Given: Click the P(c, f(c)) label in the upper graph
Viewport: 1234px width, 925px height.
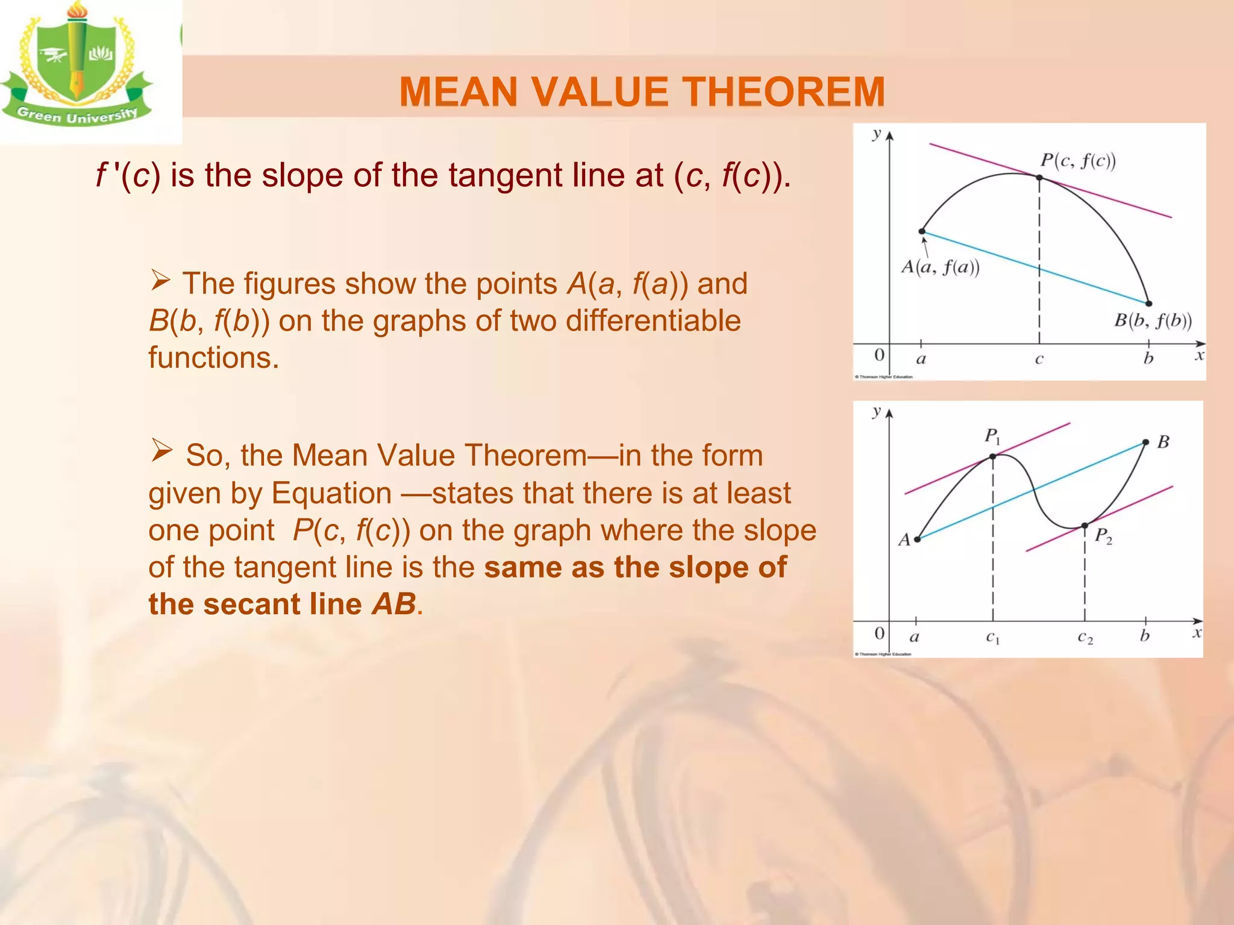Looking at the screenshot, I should (1078, 161).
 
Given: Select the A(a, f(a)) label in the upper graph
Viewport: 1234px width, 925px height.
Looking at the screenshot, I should (940, 267).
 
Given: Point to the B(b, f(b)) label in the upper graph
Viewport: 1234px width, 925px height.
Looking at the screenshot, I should (1152, 320).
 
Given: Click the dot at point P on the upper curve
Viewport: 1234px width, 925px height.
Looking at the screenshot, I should (1039, 178).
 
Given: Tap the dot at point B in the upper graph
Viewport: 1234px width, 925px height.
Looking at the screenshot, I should (1148, 304).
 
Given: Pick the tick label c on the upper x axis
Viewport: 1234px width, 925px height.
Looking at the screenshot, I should (1039, 360).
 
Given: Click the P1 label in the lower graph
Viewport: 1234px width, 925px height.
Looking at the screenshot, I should (992, 436).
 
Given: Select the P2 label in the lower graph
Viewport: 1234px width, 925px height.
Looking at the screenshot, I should (1103, 535).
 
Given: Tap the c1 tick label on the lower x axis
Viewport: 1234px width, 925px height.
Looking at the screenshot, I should (992, 637).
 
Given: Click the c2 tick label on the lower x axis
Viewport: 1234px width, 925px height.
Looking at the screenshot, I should (1085, 637).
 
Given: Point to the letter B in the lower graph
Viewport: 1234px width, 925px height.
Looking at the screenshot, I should (1163, 442).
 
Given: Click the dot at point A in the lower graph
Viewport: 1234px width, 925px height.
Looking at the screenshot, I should (917, 539).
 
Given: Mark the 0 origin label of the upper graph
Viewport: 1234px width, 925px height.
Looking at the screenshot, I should (879, 355).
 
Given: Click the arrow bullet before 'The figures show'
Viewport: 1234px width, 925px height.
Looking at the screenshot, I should (161, 280).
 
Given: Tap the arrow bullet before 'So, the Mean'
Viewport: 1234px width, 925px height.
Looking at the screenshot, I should (161, 450).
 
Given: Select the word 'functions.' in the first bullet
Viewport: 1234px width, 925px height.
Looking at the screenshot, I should (214, 358).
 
